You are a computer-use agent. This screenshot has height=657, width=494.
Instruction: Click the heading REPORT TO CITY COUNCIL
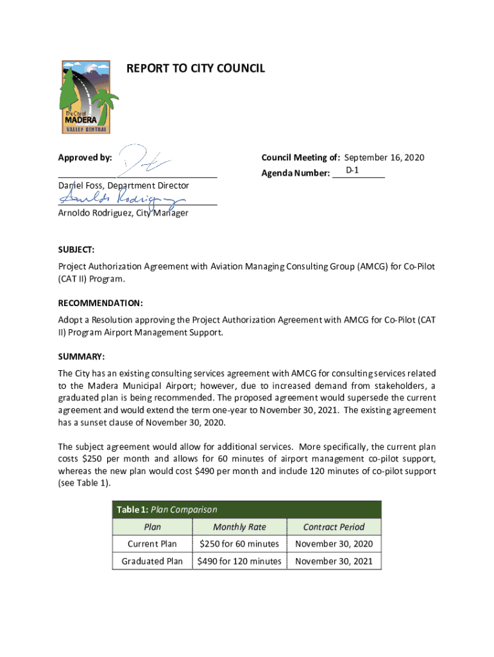pyautogui.click(x=196, y=68)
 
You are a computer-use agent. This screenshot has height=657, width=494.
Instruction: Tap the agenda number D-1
pyautogui.click(x=352, y=171)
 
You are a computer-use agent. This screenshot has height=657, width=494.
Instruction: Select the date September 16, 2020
pyautogui.click(x=384, y=158)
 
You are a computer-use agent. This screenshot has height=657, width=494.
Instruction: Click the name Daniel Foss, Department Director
pyautogui.click(x=123, y=185)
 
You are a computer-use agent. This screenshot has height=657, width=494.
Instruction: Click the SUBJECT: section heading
pyautogui.click(x=76, y=249)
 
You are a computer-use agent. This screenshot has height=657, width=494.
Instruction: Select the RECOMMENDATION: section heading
pyautogui.click(x=100, y=302)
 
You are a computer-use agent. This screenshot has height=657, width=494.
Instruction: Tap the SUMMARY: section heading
pyautogui.click(x=81, y=356)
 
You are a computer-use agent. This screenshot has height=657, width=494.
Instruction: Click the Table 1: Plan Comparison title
pyautogui.click(x=167, y=509)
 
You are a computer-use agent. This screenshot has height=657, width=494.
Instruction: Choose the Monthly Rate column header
pyautogui.click(x=239, y=527)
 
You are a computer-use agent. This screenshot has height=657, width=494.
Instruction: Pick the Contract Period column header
pyautogui.click(x=334, y=527)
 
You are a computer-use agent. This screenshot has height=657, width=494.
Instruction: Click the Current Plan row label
pyautogui.click(x=152, y=544)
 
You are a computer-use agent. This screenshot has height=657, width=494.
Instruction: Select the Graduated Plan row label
pyautogui.click(x=152, y=561)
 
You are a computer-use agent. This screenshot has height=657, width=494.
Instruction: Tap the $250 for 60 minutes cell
pyautogui.click(x=239, y=544)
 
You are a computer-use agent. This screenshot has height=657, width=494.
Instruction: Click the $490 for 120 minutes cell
pyautogui.click(x=239, y=561)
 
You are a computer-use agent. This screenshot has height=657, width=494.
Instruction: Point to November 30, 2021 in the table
pyautogui.click(x=334, y=561)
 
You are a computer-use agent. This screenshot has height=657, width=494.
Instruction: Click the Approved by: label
pyautogui.click(x=85, y=158)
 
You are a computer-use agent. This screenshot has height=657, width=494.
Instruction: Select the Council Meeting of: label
pyautogui.click(x=301, y=158)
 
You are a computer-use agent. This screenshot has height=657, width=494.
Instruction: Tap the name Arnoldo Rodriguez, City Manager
pyautogui.click(x=123, y=213)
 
